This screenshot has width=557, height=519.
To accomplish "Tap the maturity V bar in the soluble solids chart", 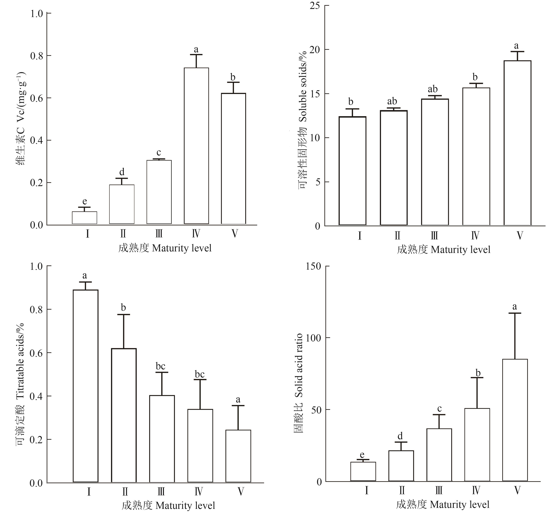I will (517, 143).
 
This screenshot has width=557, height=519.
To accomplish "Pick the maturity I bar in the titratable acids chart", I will (85, 386).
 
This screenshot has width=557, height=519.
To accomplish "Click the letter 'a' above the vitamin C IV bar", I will (196, 50).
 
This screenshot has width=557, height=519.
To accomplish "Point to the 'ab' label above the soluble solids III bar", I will (433, 89).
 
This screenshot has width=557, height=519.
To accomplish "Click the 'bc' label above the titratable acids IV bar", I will (200, 374).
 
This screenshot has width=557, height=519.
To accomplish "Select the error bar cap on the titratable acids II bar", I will (124, 315).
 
